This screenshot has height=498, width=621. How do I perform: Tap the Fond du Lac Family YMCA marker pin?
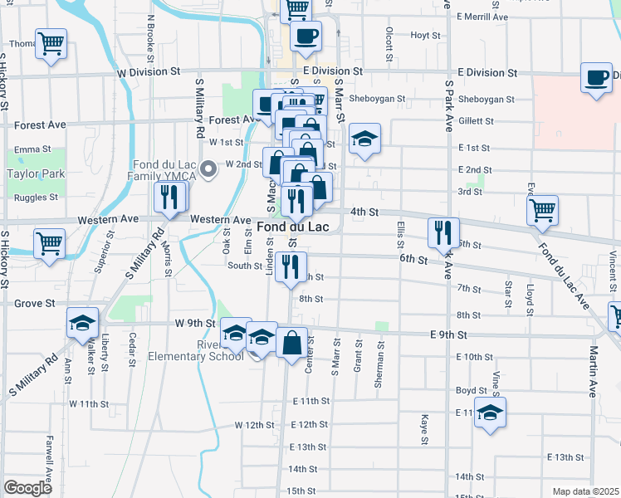click(209, 171)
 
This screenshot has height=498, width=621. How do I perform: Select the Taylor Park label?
click(36, 174)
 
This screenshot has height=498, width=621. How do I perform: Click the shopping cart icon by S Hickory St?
click(49, 244)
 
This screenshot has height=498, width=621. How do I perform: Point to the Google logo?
click(28, 488)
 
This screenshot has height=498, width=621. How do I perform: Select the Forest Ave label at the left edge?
click(40, 125)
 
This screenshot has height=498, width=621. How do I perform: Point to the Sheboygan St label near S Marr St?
click(377, 99)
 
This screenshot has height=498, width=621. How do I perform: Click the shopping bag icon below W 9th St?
click(292, 342)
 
